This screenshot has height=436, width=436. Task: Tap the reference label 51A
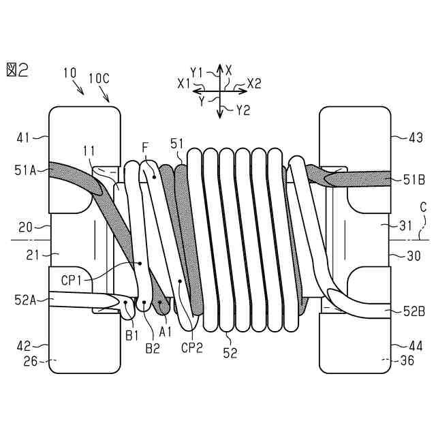point(25,170)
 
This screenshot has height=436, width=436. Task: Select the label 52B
point(414,312)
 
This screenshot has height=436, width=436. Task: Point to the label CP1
point(72,280)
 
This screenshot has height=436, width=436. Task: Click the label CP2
point(192,347)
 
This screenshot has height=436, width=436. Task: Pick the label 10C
point(99,78)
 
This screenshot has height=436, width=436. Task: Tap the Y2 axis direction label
point(243,110)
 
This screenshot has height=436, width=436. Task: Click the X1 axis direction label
point(184,83)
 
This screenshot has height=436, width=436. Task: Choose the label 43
point(416,138)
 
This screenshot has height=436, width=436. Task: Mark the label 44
point(416,346)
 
